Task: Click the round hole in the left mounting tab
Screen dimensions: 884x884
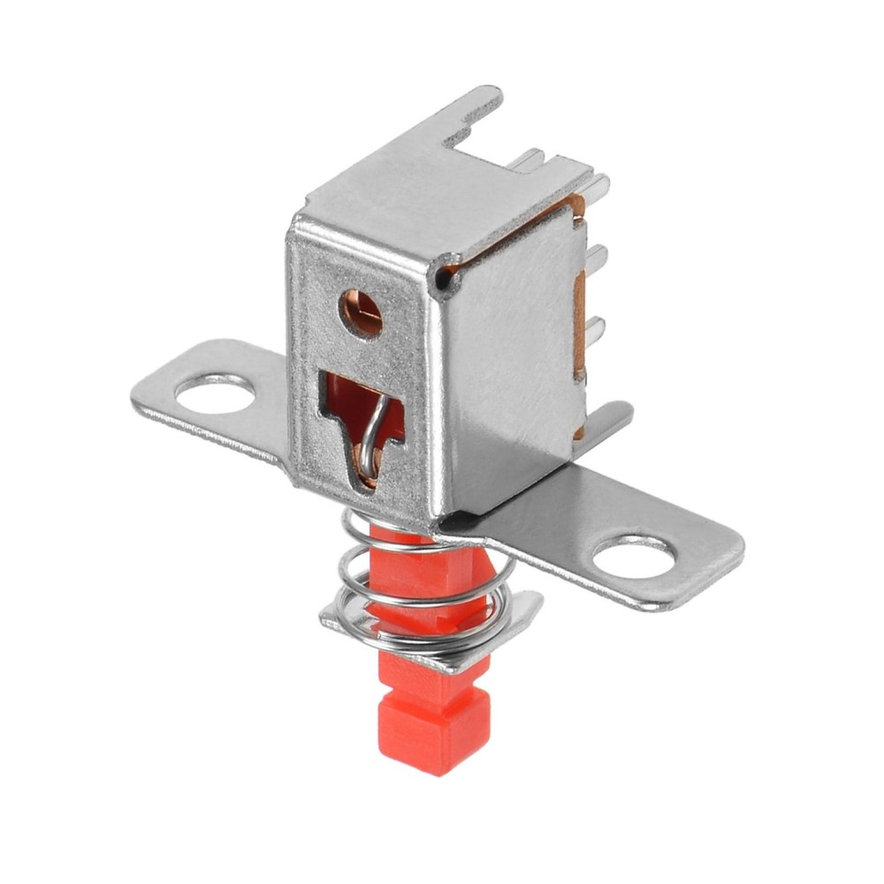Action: (x=213, y=393)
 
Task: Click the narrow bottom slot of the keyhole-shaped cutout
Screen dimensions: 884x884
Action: (x=364, y=469)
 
